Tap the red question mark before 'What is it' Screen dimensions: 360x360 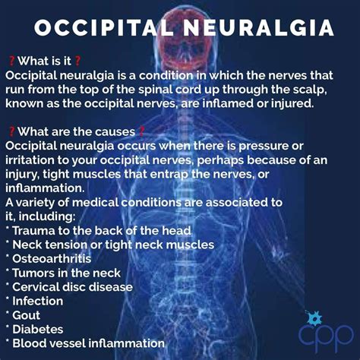(11, 60)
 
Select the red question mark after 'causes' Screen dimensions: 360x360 (142, 131)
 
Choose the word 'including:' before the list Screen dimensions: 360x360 (46, 216)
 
